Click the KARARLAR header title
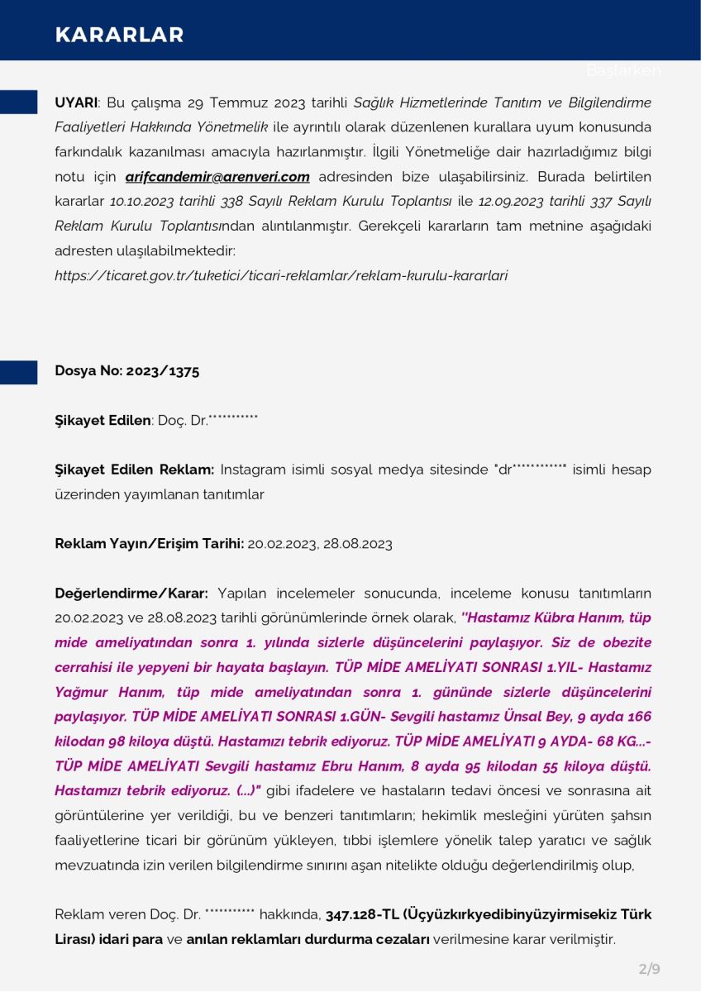click(119, 35)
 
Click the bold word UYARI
click(76, 103)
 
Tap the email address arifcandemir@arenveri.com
click(217, 176)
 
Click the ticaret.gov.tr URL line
click(281, 275)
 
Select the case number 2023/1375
click(163, 371)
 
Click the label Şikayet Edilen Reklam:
click(134, 470)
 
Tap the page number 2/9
click(649, 968)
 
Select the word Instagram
click(251, 470)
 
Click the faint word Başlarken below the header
click(623, 70)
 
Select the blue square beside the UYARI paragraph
click(18, 103)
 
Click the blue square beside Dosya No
click(18, 372)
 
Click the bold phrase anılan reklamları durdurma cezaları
click(308, 940)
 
